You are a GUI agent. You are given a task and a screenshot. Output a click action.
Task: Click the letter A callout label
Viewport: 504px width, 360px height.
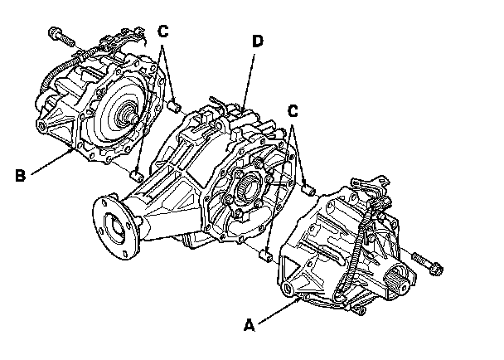(250, 325)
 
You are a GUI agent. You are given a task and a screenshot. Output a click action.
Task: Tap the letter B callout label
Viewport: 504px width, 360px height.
(20, 176)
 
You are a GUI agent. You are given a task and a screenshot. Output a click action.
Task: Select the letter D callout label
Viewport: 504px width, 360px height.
(258, 41)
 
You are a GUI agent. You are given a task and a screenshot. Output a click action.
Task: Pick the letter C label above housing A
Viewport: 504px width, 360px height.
(292, 111)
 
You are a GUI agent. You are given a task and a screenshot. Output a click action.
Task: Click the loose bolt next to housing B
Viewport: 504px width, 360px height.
(61, 36)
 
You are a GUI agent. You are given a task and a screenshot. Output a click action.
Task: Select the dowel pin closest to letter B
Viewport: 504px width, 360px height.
(137, 176)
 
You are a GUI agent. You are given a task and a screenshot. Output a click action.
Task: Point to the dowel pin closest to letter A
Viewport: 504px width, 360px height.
(265, 255)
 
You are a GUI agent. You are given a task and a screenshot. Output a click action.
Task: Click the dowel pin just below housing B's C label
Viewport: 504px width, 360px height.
(175, 106)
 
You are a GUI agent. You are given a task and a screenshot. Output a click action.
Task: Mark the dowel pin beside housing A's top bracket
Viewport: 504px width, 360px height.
(309, 190)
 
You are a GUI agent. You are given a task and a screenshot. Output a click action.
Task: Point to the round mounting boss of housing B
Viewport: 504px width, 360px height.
(41, 125)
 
